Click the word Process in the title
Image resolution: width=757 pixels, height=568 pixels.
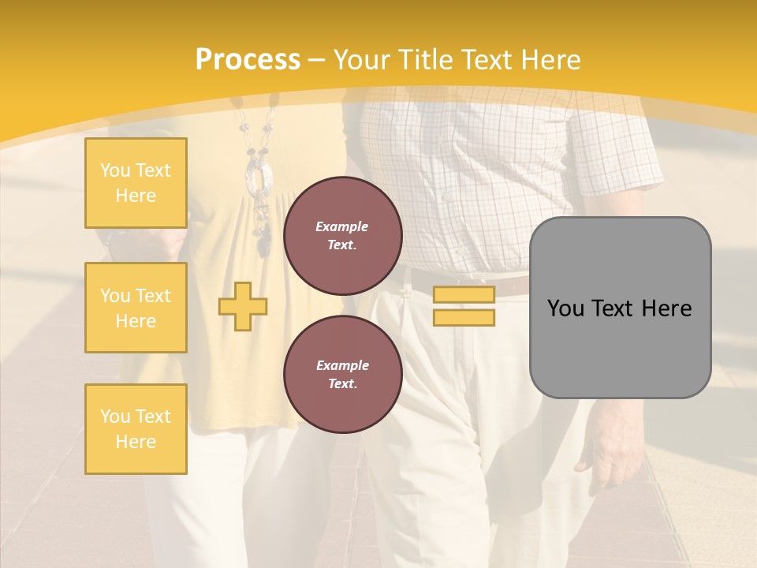[248, 60]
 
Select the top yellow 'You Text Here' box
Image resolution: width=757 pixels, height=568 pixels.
[136, 183]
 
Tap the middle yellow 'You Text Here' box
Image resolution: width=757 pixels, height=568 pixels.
[136, 308]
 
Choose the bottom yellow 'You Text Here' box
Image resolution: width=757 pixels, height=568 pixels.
[136, 429]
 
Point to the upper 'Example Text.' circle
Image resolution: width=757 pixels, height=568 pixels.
[342, 236]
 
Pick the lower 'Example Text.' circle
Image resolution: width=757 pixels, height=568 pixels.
[342, 375]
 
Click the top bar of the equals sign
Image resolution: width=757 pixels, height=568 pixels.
[464, 295]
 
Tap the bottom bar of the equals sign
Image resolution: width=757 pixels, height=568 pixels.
[464, 318]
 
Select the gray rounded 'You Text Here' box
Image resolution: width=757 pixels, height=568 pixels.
[620, 308]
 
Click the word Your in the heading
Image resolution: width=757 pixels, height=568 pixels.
[363, 60]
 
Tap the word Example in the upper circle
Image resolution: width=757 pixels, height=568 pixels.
[342, 227]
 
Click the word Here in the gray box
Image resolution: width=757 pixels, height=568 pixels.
[667, 308]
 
